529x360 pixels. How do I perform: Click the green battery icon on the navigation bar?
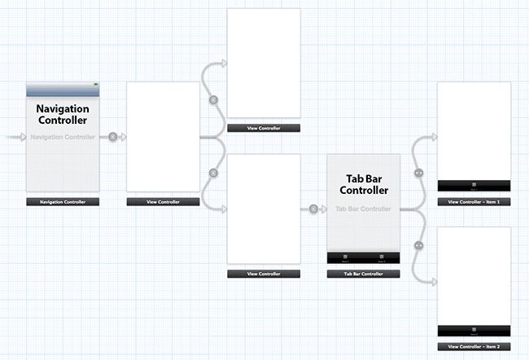[x=95, y=84]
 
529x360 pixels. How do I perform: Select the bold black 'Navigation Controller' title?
[x=62, y=114]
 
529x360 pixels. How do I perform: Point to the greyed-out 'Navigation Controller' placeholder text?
[x=62, y=137]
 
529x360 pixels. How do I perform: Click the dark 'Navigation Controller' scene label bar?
[x=62, y=201]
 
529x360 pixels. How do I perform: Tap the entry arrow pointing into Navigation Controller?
[x=16, y=137]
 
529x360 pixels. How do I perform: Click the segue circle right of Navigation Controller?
[x=112, y=137]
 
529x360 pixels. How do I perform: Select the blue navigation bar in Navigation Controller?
[x=62, y=90]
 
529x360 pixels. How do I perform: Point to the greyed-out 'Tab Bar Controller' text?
[x=363, y=209]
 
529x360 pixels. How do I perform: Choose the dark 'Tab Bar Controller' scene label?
[x=363, y=274]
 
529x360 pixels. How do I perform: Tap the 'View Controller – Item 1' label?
[x=474, y=201]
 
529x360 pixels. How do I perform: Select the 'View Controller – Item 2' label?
[x=474, y=346]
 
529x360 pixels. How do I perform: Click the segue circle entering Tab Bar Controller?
[x=313, y=209]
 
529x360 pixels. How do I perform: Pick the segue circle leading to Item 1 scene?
[x=418, y=173]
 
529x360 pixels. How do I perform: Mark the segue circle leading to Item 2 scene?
[x=418, y=245]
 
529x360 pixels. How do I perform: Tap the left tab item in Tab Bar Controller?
[x=345, y=257]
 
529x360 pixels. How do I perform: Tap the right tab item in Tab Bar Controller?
[x=381, y=257]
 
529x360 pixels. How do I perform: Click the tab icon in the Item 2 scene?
[x=474, y=330]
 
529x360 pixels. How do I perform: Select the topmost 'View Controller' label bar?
[x=264, y=128]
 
